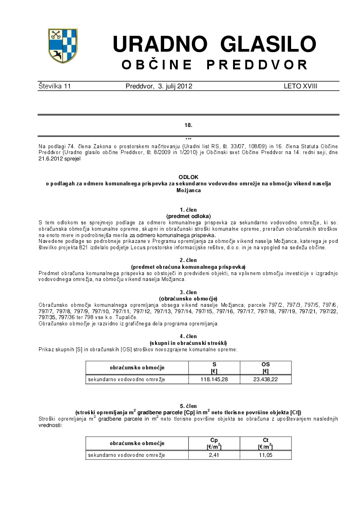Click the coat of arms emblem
pos(63,45)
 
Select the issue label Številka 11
pos(55,86)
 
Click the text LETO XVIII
pos(301,86)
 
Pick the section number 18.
pos(188,125)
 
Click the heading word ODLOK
pos(188,177)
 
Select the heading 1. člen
pos(188,210)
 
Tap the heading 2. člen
pos(188,260)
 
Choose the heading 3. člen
pos(188,292)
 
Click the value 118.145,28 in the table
pos(214,379)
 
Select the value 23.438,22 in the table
pos(266,379)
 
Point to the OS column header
pos(266,364)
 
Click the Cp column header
pos(214,440)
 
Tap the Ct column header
pos(266,440)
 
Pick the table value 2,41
pos(214,455)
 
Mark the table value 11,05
pos(266,455)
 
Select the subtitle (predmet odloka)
pos(188,216)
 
